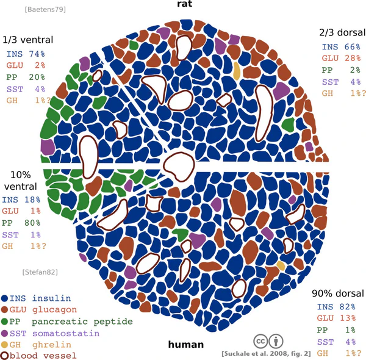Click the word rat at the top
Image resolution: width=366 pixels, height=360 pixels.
[x=182, y=5]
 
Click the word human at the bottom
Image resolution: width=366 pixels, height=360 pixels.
[x=185, y=345]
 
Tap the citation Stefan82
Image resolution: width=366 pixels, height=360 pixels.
[x=38, y=272]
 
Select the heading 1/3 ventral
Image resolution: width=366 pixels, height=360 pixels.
[x=28, y=40]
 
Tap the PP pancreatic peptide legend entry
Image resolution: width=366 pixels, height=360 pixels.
[x=67, y=322]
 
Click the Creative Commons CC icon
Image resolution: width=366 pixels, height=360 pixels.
[x=260, y=340]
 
